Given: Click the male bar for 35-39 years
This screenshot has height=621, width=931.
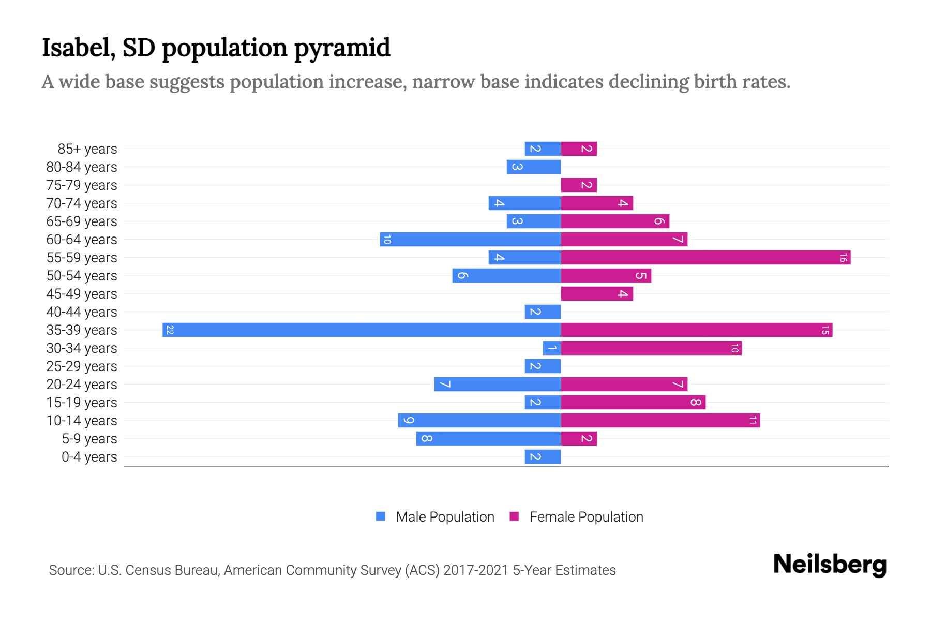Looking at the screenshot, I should pos(362,330).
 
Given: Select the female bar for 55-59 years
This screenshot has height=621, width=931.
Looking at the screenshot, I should pos(705,257).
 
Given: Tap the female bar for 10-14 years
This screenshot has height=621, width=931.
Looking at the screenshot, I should pos(660,420).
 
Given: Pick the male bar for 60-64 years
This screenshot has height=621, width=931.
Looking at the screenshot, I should pos(470,239).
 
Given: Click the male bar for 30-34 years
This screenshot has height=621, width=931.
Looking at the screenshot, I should pos(552,348).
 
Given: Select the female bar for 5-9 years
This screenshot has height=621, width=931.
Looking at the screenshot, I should pos(579,438).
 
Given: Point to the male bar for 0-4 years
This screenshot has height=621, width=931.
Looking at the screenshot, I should pos(543,456).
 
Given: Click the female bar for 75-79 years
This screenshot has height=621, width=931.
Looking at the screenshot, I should pos(579,185).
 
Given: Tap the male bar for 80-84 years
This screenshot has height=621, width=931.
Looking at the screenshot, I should pos(533,167).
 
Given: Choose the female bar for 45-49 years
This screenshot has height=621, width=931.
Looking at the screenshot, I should pos(597,293).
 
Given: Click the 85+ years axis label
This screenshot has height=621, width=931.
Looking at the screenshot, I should pos(87,149).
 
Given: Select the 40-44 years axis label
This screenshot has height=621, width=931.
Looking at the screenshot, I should pos(82,312).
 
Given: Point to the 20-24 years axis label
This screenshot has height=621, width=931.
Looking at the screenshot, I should pos(82,385).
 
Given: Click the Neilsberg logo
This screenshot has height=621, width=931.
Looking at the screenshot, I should pos(829,565).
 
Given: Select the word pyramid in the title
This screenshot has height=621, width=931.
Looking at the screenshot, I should pos(342,48).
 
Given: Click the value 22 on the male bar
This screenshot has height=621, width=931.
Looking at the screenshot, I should pos(170,330).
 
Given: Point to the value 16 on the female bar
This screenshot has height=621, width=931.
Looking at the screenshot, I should pos(843,257).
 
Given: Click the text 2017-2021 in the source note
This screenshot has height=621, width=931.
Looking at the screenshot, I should pos(475,570).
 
